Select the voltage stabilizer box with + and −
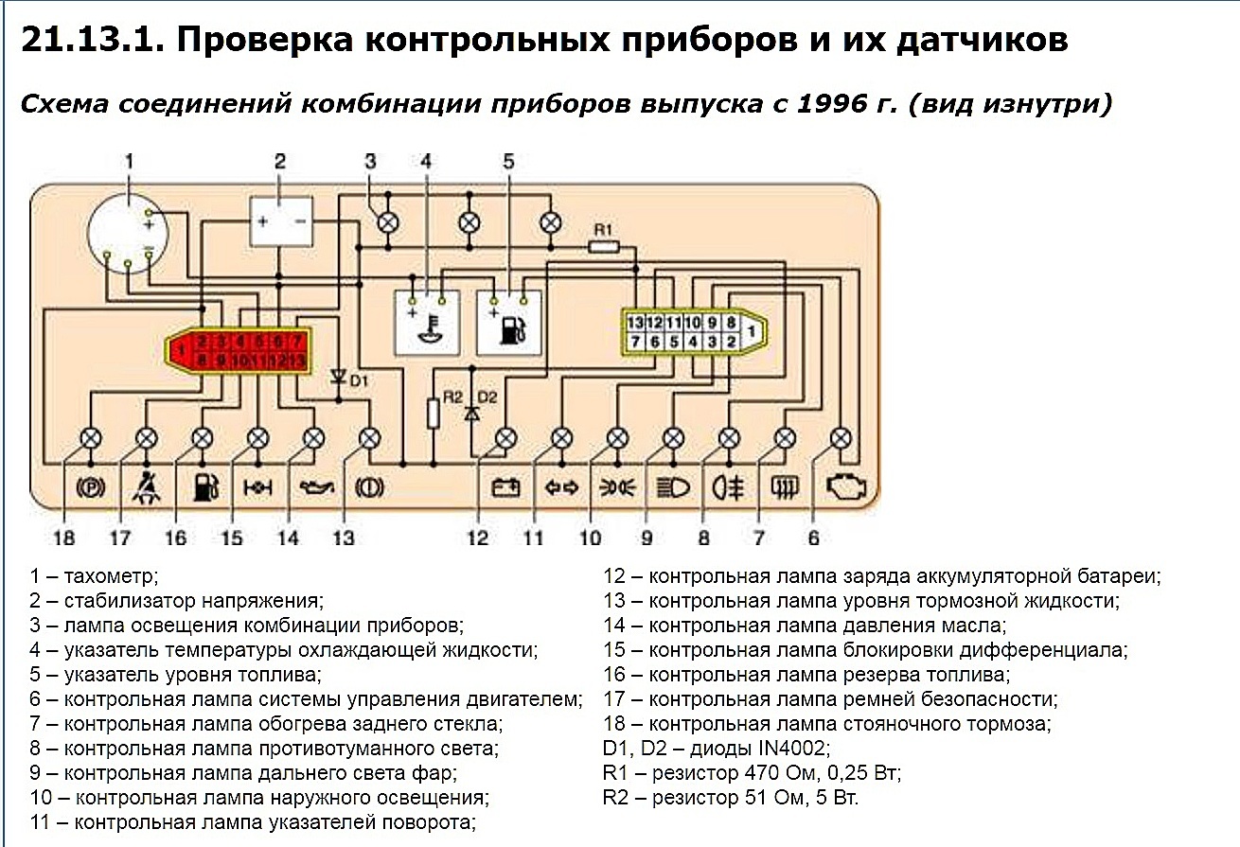tap(280, 221)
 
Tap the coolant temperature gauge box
tap(428, 322)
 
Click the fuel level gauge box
tap(509, 322)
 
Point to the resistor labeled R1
tap(603, 246)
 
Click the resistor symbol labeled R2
tap(434, 414)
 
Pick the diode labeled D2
tap(470, 413)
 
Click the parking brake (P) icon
tap(91, 488)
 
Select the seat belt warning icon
tap(147, 487)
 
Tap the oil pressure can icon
tap(312, 488)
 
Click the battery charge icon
tap(505, 488)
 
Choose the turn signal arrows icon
tap(561, 488)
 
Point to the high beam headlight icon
tap(672, 488)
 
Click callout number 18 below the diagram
tap(64, 538)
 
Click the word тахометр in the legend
tap(112, 575)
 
